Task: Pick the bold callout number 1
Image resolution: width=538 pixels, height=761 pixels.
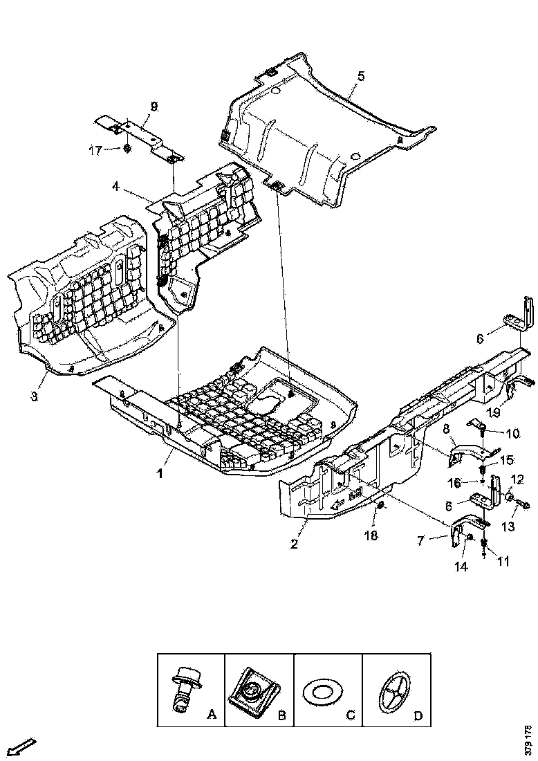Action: click(x=160, y=475)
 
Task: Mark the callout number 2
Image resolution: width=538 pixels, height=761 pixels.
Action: click(x=294, y=544)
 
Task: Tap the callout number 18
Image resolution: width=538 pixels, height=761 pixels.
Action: click(x=371, y=535)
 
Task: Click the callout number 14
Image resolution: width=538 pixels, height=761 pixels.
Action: click(x=461, y=565)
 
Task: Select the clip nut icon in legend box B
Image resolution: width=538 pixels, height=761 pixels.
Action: click(x=253, y=689)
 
